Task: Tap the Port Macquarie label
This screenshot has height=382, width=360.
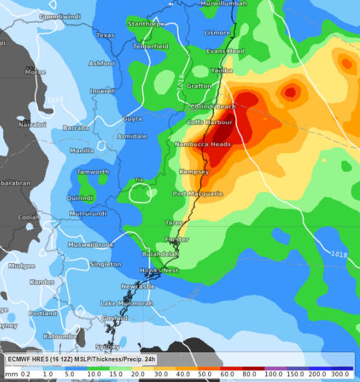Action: (x=198, y=193)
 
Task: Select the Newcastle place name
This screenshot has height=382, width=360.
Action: (x=138, y=286)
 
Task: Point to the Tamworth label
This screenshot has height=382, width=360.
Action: (x=93, y=172)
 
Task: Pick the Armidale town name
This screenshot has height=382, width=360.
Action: (x=132, y=136)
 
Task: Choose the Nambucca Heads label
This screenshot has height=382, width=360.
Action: (x=202, y=144)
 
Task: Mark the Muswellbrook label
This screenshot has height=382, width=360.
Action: (x=90, y=245)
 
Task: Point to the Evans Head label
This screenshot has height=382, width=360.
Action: (x=225, y=51)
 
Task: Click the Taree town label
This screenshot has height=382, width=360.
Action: (x=174, y=222)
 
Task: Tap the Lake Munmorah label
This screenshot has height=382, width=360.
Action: (x=127, y=303)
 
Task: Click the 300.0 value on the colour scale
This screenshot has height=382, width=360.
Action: (x=341, y=374)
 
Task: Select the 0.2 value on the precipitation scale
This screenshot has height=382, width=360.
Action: (x=25, y=374)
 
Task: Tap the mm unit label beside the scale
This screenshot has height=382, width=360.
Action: (x=11, y=374)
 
